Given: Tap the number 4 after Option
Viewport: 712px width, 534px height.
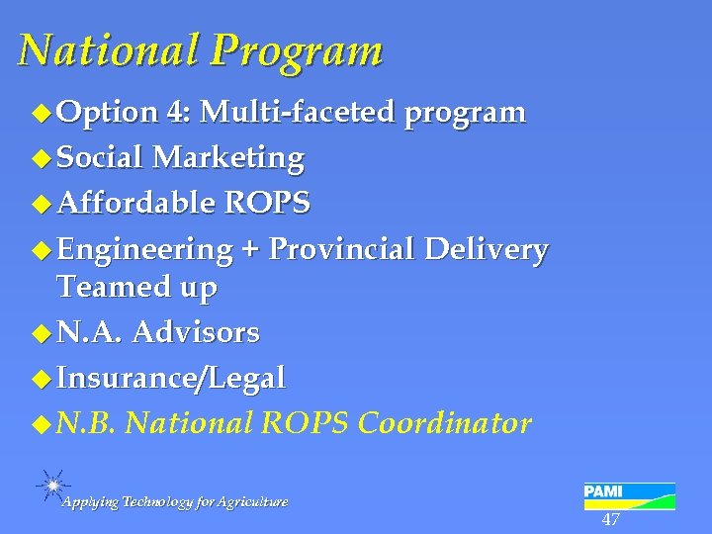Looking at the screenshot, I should (179, 113).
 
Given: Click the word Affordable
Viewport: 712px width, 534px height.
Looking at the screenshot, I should (135, 203).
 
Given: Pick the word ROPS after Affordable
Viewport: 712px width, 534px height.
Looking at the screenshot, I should (267, 204).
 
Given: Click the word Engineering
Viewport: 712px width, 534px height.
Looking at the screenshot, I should (144, 250).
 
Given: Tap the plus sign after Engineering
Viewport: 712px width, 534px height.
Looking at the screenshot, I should (250, 250).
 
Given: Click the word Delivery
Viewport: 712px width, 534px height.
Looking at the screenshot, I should (486, 250).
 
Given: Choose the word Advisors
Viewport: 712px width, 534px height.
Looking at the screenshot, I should (195, 333).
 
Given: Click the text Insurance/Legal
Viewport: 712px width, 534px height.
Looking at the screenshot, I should (172, 378).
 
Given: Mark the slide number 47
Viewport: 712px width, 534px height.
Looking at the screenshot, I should (610, 520).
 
